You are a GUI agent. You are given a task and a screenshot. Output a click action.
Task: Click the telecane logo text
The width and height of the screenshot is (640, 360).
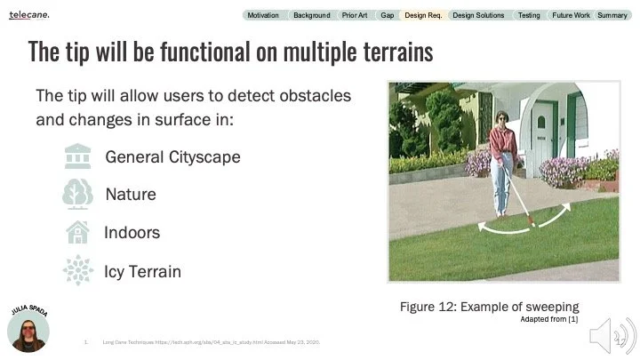29,15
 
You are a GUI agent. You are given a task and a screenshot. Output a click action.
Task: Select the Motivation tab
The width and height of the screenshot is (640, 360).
262,15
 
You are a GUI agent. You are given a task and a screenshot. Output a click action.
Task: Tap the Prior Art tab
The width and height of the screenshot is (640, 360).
354,15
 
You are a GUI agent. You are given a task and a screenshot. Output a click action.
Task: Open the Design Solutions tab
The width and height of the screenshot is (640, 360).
478,15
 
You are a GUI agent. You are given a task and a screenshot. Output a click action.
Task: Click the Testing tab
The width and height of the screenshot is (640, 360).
528,15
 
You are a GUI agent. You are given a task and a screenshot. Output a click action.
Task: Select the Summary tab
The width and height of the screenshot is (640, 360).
612,15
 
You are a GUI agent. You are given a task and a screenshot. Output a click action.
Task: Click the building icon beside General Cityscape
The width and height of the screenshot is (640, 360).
78,156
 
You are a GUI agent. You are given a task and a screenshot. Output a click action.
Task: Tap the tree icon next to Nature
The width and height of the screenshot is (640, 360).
78,194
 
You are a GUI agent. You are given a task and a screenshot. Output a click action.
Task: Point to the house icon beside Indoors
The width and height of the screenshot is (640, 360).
78,232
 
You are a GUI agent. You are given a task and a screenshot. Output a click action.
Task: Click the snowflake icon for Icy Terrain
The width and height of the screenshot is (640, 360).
78,270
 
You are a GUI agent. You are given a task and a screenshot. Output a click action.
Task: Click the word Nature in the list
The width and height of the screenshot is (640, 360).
131,194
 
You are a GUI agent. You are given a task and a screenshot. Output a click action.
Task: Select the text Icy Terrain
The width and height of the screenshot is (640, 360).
142,271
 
